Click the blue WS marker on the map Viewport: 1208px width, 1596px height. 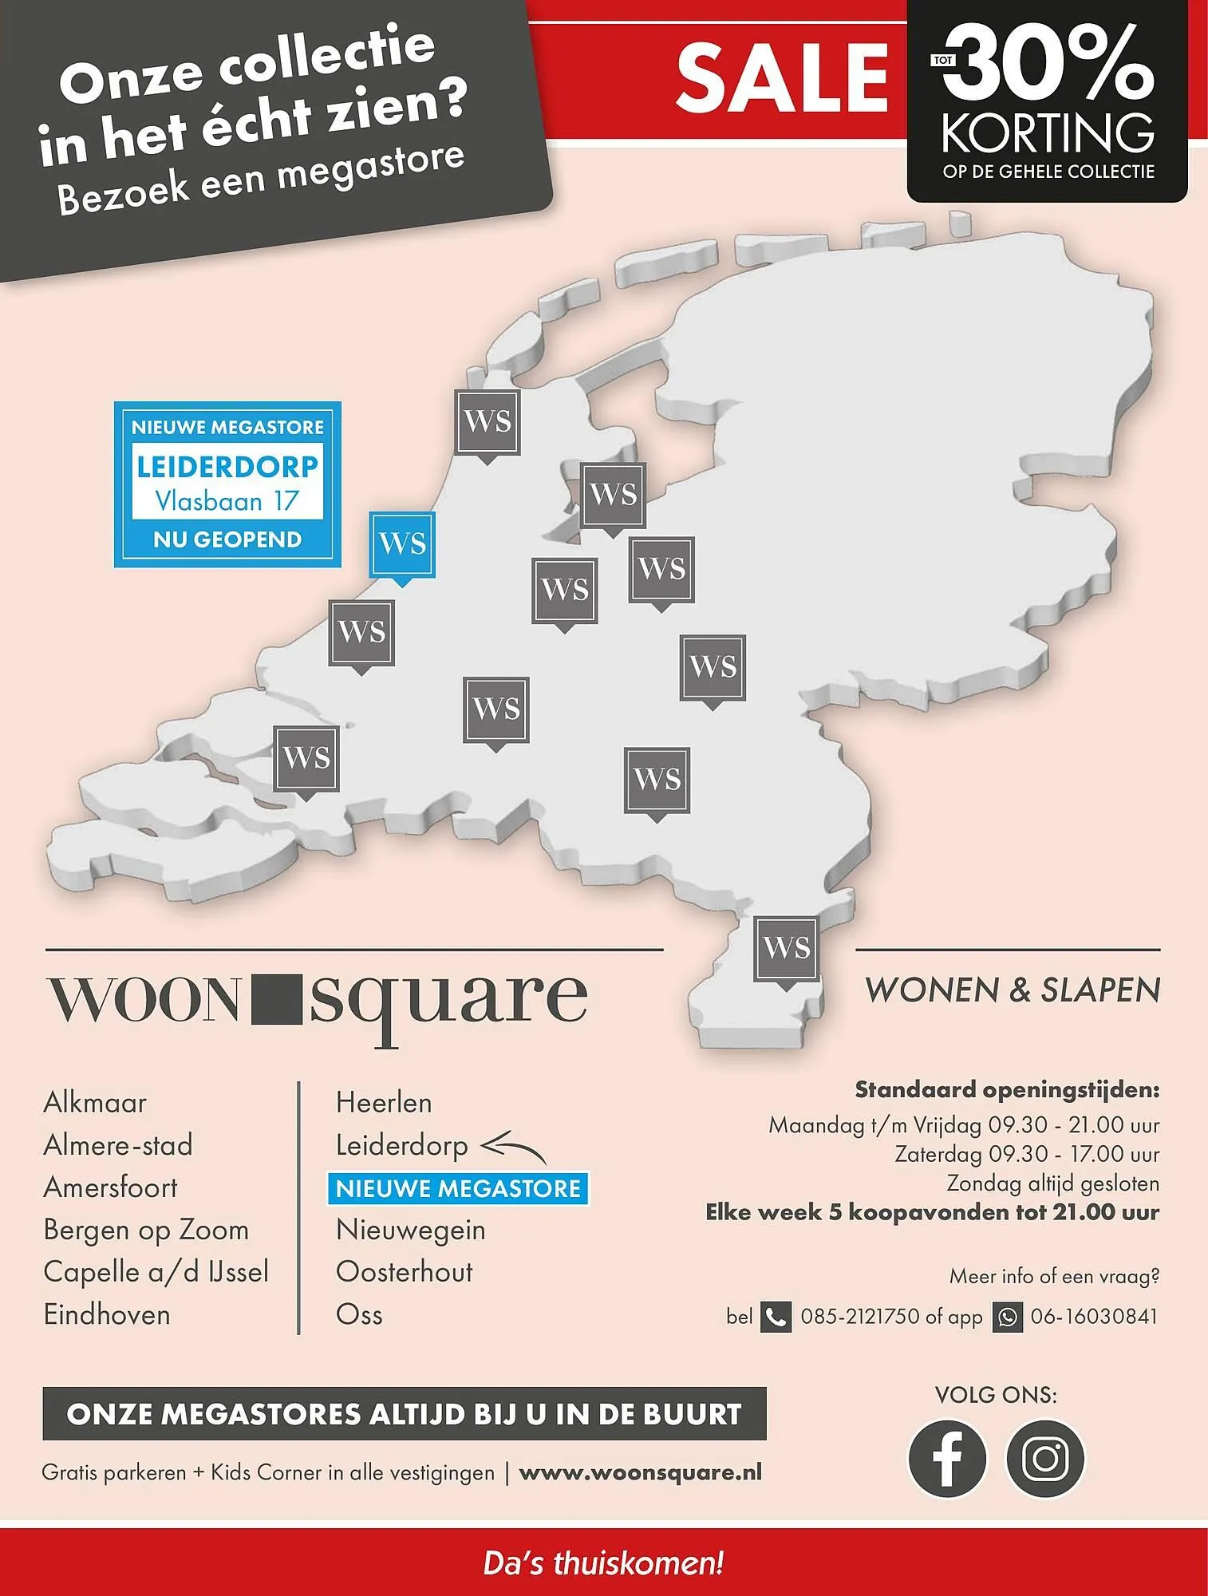click(402, 544)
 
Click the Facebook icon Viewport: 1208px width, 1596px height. click(947, 1458)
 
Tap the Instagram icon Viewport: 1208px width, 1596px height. click(1045, 1458)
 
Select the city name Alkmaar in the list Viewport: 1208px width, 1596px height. click(95, 1103)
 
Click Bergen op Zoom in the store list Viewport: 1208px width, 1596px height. click(146, 1230)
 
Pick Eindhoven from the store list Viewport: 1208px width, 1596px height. click(107, 1314)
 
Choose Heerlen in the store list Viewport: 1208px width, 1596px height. click(384, 1103)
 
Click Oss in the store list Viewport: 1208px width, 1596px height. click(359, 1314)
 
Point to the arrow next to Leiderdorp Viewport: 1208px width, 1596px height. click(514, 1149)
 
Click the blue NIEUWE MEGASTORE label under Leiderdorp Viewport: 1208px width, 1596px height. click(458, 1188)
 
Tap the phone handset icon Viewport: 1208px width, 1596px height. click(776, 1317)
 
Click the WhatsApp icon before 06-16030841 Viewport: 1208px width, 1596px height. click(1008, 1317)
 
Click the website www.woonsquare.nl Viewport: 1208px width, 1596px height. click(640, 1472)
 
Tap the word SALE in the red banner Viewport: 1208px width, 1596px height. click(782, 77)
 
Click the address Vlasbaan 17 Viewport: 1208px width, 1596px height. click(227, 501)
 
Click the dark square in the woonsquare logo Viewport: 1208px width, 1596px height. click(276, 999)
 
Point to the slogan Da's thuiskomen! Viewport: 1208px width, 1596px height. click(603, 1562)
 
